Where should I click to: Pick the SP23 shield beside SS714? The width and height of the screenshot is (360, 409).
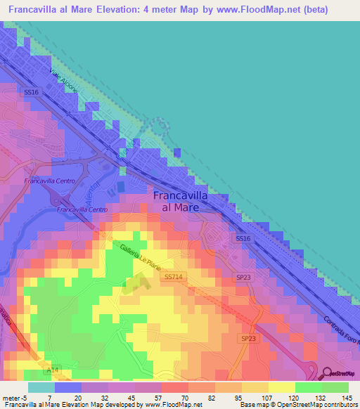click(243, 278)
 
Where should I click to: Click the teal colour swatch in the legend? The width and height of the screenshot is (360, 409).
click(41, 387)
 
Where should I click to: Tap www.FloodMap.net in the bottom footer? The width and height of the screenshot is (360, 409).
click(173, 405)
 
